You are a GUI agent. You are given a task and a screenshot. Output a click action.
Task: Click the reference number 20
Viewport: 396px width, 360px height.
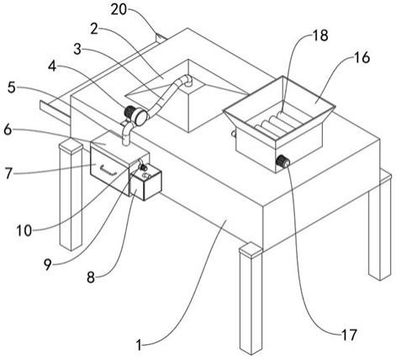(119, 9)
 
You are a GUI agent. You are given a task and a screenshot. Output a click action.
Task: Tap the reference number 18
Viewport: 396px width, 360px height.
(320, 35)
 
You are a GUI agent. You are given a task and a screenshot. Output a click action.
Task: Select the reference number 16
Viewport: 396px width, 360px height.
(362, 58)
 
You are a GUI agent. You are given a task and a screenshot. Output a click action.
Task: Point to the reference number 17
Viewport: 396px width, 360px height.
(349, 335)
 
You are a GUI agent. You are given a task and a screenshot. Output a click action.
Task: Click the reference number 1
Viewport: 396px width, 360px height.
(139, 345)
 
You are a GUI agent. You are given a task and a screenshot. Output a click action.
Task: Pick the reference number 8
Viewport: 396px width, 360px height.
(91, 278)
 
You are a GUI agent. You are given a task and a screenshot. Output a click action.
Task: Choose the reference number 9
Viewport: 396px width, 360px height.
(48, 264)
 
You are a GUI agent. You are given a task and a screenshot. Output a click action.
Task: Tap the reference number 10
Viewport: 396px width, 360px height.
(24, 231)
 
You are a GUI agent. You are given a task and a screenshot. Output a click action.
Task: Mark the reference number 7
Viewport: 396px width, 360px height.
(8, 173)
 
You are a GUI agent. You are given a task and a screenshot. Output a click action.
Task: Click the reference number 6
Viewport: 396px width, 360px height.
(8, 130)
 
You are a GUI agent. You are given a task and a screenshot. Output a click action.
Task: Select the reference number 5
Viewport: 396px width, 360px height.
(11, 87)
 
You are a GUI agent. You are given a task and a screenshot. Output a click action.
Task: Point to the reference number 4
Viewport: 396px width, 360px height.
(52, 66)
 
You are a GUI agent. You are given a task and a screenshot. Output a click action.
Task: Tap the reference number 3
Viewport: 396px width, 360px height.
(77, 50)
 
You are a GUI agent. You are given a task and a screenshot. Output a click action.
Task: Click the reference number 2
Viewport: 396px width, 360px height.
(94, 29)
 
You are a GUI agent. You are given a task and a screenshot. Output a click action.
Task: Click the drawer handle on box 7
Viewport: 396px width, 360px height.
(108, 170)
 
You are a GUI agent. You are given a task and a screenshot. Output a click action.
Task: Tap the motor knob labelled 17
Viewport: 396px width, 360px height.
(283, 161)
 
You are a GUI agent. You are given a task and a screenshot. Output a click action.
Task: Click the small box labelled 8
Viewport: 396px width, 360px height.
(145, 185)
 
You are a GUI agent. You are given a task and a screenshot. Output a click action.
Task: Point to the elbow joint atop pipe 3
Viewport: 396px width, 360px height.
(186, 80)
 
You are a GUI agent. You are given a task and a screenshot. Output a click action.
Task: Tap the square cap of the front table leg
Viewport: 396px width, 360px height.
(251, 250)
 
